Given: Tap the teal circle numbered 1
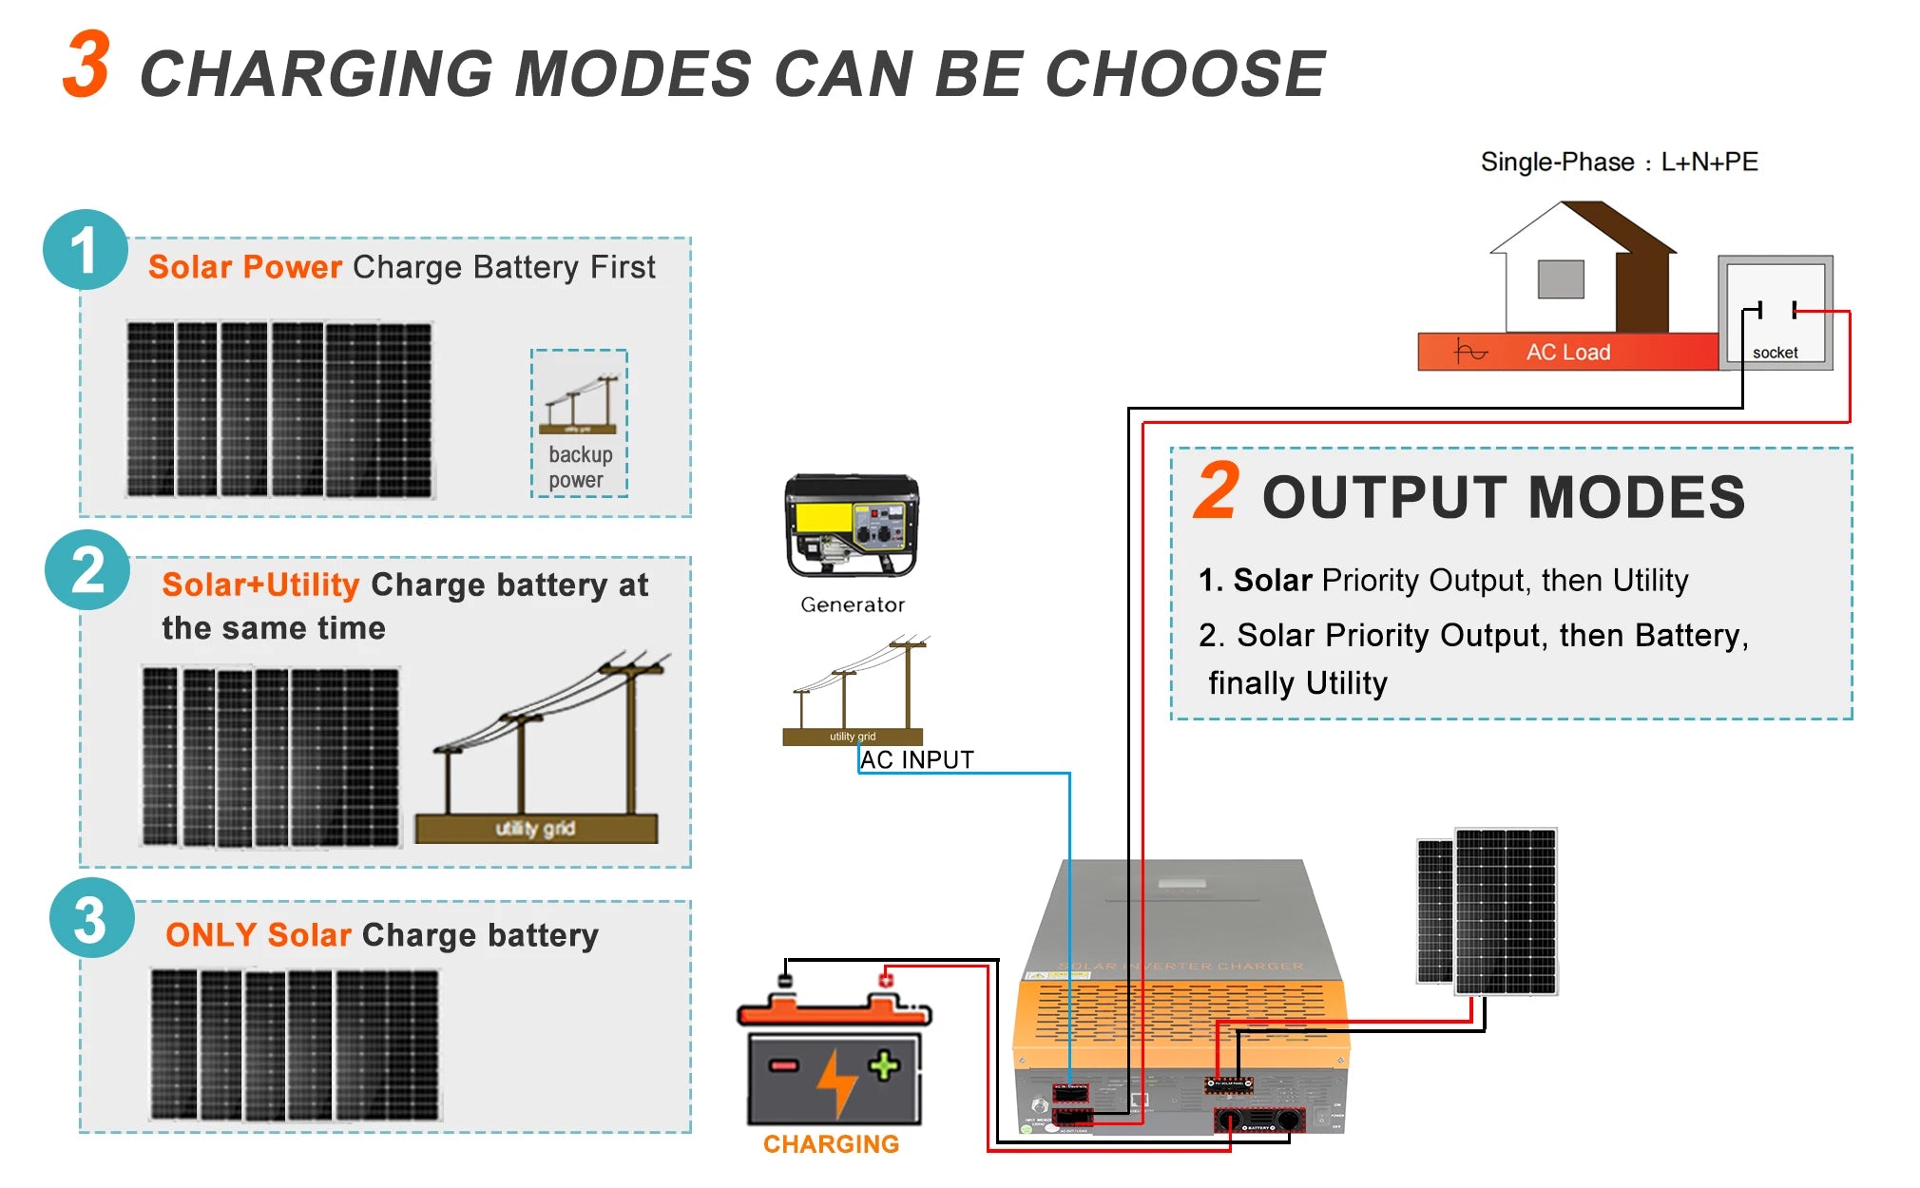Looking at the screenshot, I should click(85, 250).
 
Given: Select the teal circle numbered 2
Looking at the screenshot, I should click(87, 570).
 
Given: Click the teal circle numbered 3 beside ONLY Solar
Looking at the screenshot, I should click(91, 919).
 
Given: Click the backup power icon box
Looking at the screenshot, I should click(578, 423).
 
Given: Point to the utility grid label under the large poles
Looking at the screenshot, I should click(535, 829).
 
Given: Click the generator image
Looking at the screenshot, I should click(851, 526).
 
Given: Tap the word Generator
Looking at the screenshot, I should click(852, 604).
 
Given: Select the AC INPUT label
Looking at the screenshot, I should click(916, 760).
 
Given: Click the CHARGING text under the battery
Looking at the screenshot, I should click(831, 1144).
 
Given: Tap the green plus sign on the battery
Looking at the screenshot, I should click(884, 1065).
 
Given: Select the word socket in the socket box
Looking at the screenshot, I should click(1775, 353).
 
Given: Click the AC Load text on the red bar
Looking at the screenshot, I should click(1567, 353).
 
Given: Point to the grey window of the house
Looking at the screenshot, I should click(1561, 279).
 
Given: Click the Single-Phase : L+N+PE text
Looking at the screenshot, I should click(1619, 162).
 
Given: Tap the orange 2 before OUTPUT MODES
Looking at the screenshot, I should click(1217, 492).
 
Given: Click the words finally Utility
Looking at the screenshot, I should click(1296, 683).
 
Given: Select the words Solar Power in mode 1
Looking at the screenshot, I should click(244, 267).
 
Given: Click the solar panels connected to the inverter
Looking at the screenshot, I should click(1488, 910).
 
